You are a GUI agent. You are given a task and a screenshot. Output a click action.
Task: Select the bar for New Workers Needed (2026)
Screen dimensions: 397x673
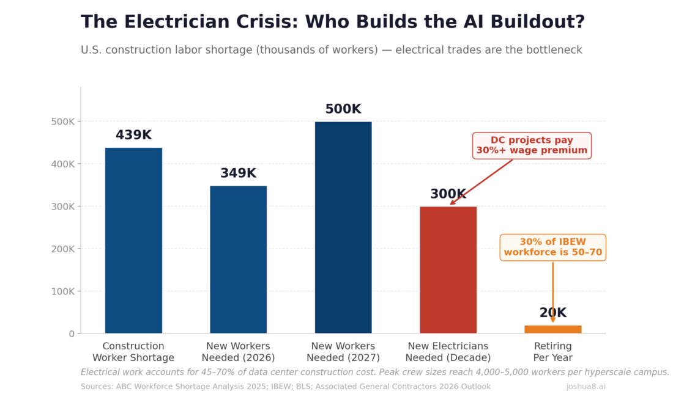tap(238, 260)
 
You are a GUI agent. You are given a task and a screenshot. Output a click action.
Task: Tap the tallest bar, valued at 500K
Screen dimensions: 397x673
tap(343, 227)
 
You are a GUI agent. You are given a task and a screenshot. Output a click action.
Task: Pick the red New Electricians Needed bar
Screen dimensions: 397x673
tap(448, 270)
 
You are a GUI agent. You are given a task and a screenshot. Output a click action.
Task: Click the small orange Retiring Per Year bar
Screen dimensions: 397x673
tap(552, 329)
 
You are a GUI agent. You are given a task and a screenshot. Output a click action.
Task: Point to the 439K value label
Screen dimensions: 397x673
tap(133, 135)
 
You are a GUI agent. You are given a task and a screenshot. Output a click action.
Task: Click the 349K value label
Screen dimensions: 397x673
tap(238, 173)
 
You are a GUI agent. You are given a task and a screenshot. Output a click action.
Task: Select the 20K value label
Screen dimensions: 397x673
tap(552, 313)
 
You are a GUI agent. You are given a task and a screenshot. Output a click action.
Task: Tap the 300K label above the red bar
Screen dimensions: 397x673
tap(448, 194)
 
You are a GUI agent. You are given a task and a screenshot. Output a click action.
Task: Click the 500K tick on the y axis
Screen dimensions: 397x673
tap(63, 122)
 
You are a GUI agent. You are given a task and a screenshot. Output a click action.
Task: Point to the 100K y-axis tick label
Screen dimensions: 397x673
tap(63, 291)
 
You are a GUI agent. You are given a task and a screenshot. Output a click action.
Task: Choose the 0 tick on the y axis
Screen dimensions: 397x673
tap(71, 333)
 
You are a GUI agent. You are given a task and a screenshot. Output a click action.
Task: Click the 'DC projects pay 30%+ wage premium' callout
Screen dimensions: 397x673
tap(532, 145)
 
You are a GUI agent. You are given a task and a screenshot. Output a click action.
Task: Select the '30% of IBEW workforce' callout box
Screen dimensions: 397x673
tap(552, 247)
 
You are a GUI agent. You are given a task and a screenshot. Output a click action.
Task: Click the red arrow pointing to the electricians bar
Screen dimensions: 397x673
tap(481, 182)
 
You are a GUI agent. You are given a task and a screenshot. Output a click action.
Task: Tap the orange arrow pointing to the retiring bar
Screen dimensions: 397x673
tap(552, 290)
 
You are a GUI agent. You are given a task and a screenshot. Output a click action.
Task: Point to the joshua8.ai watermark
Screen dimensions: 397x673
tap(586, 387)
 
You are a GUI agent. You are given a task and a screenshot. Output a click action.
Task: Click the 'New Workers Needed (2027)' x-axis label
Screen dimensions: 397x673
tap(343, 352)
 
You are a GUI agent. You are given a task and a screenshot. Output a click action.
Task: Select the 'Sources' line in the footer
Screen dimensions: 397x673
tap(285, 387)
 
